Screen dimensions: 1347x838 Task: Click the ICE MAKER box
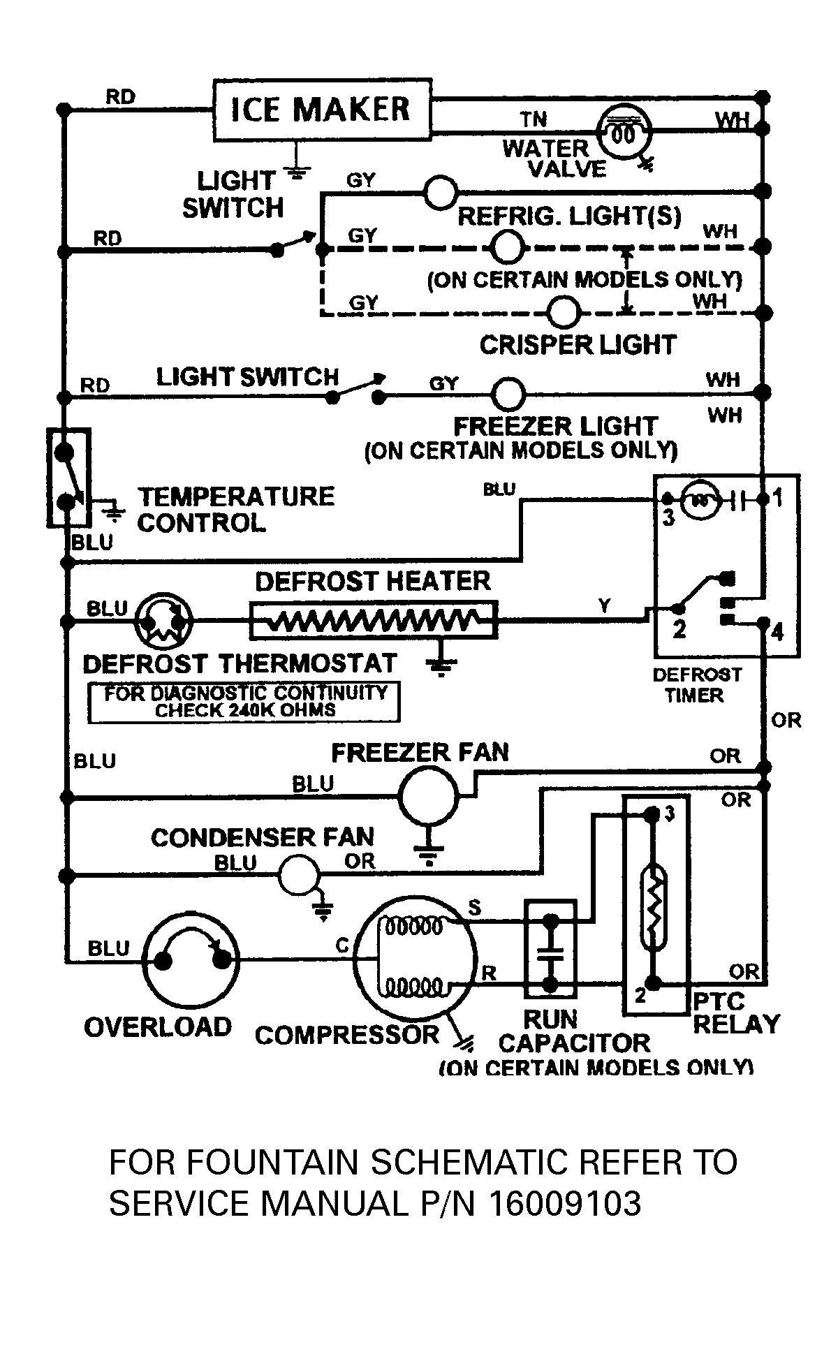(321, 110)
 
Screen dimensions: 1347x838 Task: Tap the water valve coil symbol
(624, 132)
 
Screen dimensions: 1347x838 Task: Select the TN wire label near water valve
(534, 119)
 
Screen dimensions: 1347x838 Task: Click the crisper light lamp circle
(563, 312)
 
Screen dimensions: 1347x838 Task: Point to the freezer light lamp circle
(508, 395)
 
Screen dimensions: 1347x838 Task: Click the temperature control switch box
(68, 478)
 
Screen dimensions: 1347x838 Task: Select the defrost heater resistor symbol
(373, 619)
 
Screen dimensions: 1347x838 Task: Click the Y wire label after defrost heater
(604, 606)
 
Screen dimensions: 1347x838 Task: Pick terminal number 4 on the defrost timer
(777, 633)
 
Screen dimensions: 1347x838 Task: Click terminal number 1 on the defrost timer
(778, 499)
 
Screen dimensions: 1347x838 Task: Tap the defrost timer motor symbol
(698, 499)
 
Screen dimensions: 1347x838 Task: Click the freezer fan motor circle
(429, 795)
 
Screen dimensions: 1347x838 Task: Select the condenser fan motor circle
(299, 874)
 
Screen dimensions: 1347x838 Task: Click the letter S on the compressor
(474, 908)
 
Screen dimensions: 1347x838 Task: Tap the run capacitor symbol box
(550, 948)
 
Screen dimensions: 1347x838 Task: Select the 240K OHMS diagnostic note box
(244, 702)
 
